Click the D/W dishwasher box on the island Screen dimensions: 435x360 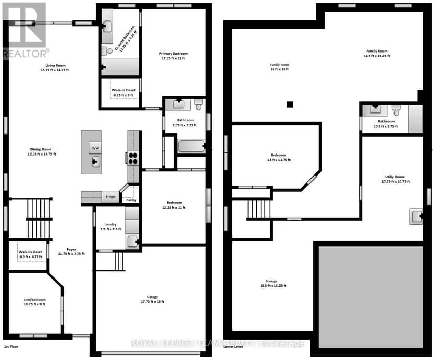point(95,148)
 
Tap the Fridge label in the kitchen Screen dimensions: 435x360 point(110,196)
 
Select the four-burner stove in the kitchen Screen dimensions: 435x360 point(133,158)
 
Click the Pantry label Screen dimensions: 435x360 point(131,200)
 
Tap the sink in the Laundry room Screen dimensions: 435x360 point(132,241)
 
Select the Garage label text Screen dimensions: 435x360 point(152,297)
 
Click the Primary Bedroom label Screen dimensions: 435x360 point(173,53)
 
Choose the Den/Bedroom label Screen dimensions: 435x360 point(35,300)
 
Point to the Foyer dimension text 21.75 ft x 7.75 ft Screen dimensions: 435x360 point(71,254)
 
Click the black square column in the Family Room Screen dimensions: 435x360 point(289,105)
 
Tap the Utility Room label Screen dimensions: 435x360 point(395,177)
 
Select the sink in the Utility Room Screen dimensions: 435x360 point(417,217)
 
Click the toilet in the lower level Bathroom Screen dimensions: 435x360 point(396,110)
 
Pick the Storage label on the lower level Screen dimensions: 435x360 point(271,281)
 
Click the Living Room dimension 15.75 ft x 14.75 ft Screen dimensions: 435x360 point(55,70)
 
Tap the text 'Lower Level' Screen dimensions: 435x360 point(233,347)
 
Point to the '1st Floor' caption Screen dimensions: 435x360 point(12,347)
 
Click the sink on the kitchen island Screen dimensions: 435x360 point(96,161)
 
